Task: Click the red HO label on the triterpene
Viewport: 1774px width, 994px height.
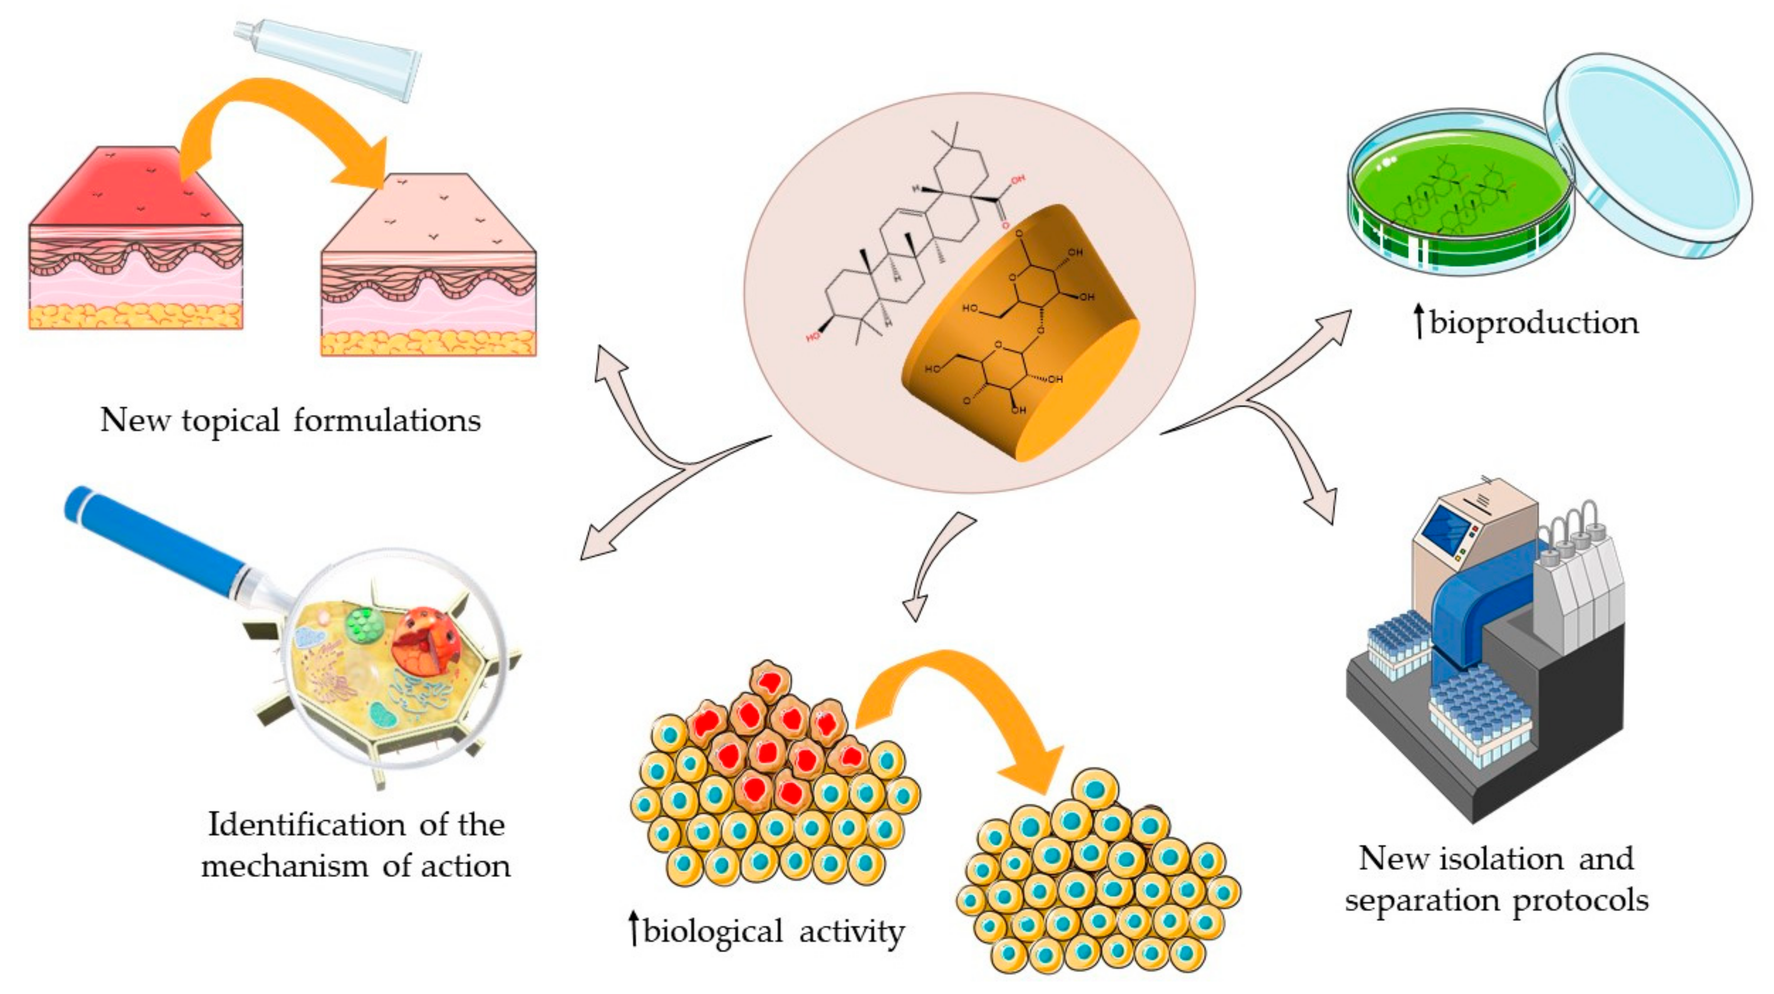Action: (x=813, y=338)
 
